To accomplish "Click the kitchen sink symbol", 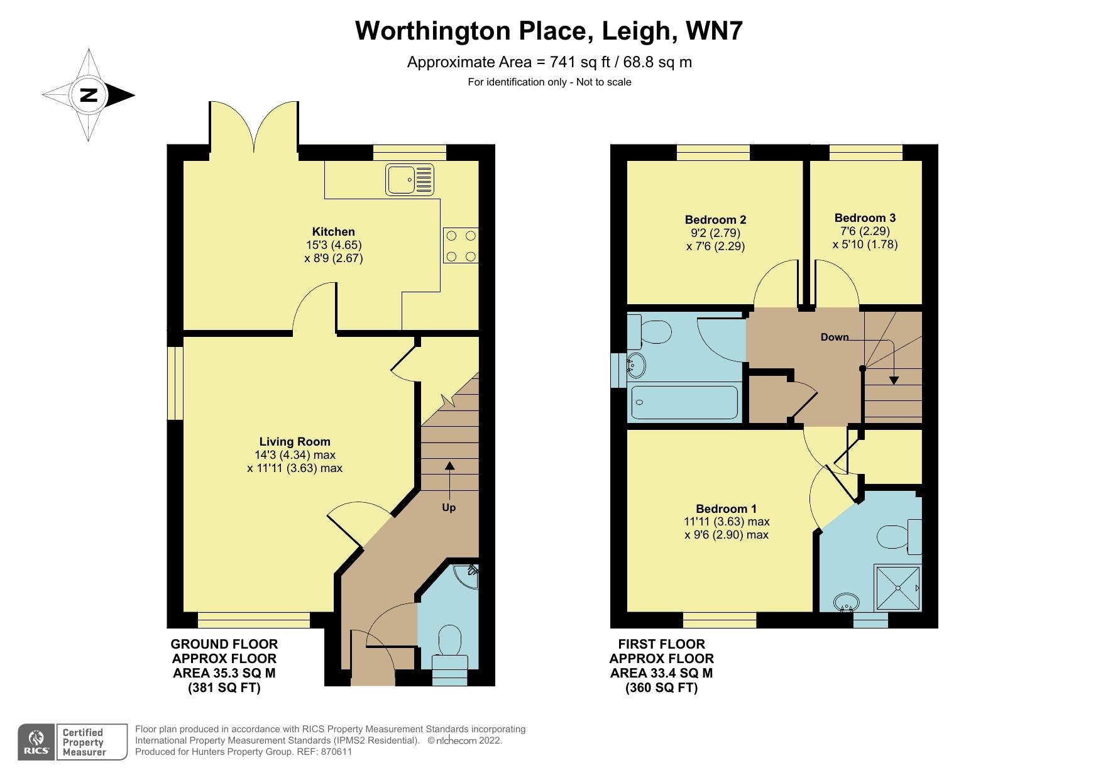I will pos(410,179).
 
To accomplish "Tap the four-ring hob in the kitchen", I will pos(461,246).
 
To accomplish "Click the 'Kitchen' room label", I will pos(334,232).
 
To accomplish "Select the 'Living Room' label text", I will pos(295,442).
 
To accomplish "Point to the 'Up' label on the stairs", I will pos(449,507).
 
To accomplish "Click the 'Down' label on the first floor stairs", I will pos(834,338).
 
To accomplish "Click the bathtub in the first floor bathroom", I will pos(684,403).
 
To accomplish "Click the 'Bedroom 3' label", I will pos(865,218).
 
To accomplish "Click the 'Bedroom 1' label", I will pos(726,508).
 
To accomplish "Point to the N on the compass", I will pos(89,96).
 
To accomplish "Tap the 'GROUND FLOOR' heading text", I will pos(224,644).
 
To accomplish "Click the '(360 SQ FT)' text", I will pos(661,688).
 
